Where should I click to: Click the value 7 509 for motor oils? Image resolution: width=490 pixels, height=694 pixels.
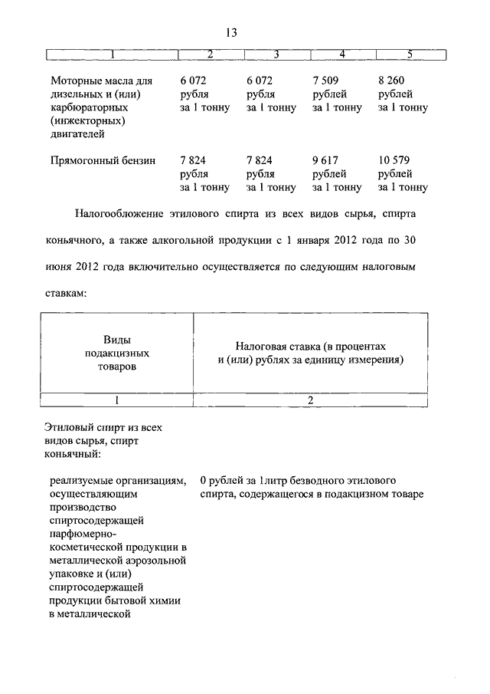[325, 81]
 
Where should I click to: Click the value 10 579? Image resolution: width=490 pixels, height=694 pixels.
[395, 160]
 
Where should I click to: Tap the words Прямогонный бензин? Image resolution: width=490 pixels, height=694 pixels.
[103, 161]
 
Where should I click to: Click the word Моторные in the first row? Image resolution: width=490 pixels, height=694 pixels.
[75, 81]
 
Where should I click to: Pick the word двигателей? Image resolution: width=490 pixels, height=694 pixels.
[77, 134]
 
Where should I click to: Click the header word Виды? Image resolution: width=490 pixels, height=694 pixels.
[116, 340]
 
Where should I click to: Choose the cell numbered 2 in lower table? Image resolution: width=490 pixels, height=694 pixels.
[310, 400]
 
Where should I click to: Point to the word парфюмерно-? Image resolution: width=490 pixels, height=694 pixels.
[83, 534]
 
